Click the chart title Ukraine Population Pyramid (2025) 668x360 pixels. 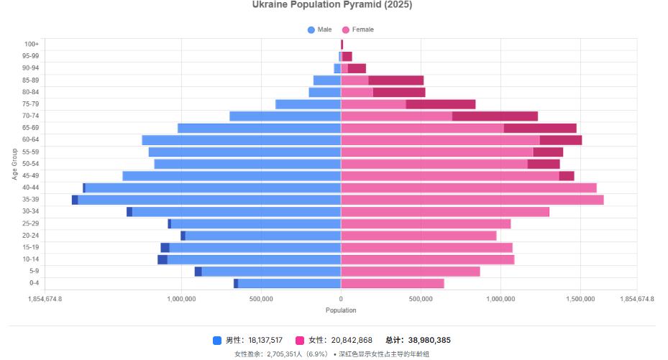click(x=332, y=5)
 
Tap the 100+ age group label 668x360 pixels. click(x=32, y=44)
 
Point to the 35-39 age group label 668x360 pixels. click(x=31, y=200)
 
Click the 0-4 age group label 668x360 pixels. click(x=34, y=283)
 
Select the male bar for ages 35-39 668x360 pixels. click(x=209, y=200)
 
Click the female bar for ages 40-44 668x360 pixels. click(x=468, y=188)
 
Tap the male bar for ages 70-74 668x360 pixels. click(x=285, y=116)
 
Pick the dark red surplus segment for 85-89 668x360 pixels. click(x=395, y=80)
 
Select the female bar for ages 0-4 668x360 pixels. click(x=392, y=283)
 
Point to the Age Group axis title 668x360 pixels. click(x=14, y=164)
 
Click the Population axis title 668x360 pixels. click(x=341, y=310)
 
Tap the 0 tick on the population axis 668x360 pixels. click(x=341, y=299)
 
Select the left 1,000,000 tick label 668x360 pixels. click(x=181, y=299)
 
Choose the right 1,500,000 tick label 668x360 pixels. click(x=580, y=299)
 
